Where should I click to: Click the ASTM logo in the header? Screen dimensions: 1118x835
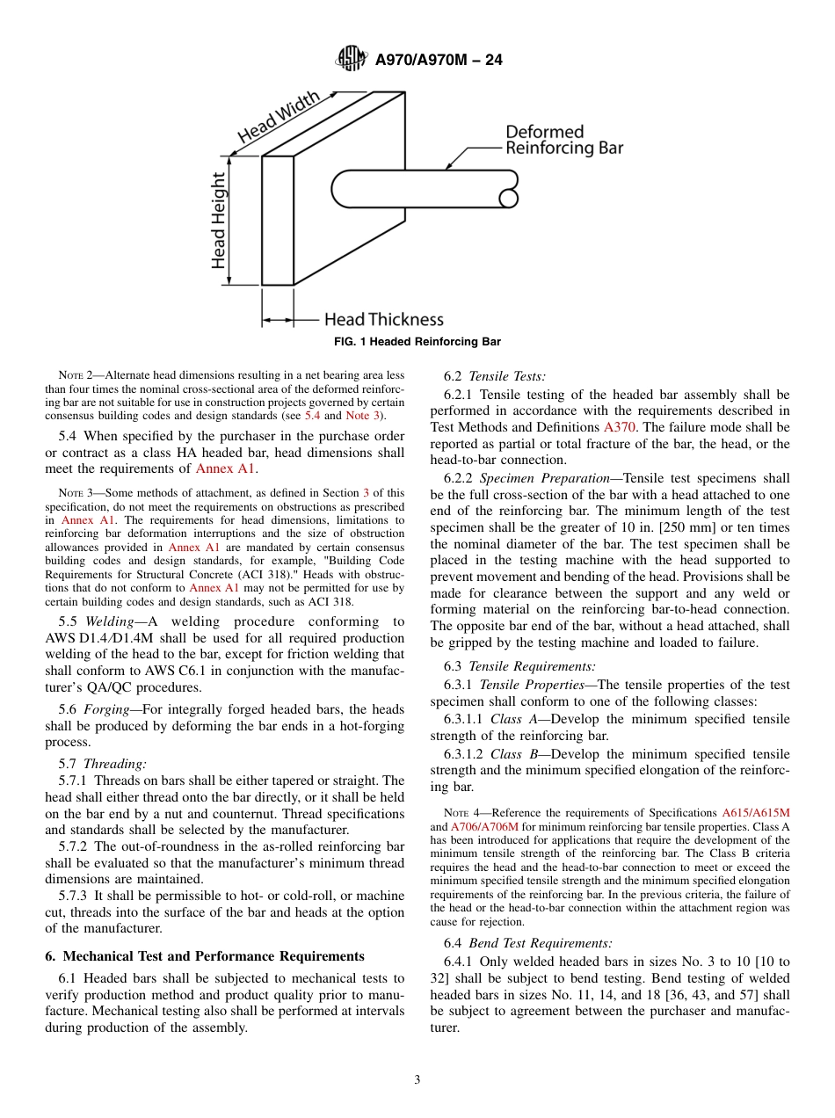(352, 60)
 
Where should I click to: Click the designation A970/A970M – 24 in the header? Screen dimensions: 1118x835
(439, 61)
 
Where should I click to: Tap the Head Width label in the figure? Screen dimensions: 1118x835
(279, 118)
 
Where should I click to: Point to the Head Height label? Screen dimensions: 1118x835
(218, 220)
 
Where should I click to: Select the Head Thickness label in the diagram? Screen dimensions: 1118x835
(383, 320)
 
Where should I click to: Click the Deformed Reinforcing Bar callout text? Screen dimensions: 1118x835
(563, 141)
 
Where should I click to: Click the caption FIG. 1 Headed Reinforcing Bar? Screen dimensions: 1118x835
(417, 342)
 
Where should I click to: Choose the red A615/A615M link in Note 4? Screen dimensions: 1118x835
(755, 813)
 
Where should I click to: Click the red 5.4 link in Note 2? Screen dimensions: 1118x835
(312, 416)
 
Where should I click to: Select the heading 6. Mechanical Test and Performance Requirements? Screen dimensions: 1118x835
(204, 956)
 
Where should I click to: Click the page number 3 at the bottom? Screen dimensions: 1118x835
(417, 1080)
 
